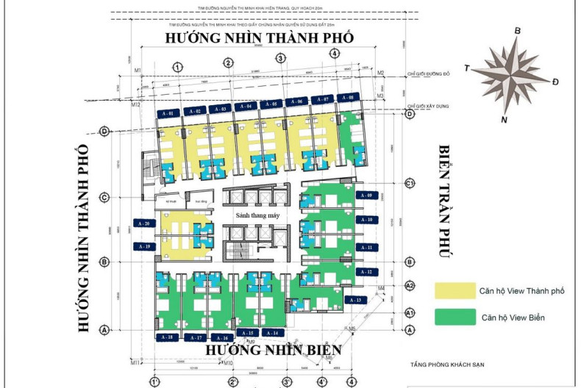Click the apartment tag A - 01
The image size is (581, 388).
(x=168, y=114)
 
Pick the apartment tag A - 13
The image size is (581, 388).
(x=355, y=300)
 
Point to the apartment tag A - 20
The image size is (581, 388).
(x=143, y=222)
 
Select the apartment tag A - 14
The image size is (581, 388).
(x=272, y=333)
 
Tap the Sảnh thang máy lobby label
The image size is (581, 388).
(x=257, y=215)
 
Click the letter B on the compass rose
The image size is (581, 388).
(x=517, y=30)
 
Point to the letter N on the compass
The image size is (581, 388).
(x=504, y=119)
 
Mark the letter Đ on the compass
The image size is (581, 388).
(x=555, y=80)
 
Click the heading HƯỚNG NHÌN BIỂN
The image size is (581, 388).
(x=273, y=350)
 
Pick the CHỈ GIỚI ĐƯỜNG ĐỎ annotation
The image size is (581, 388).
(x=428, y=74)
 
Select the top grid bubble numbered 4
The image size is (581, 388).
(x=334, y=53)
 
